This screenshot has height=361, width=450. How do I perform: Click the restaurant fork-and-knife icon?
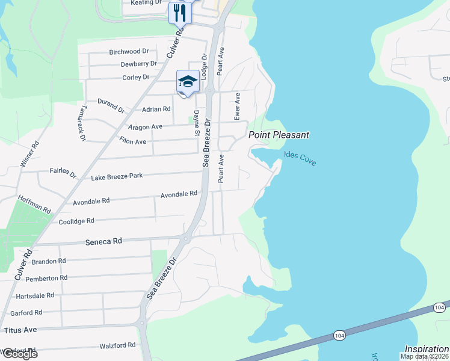180,13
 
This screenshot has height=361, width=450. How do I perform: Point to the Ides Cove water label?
300,158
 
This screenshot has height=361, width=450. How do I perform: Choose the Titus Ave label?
20,330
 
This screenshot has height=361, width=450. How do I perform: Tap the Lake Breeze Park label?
117,176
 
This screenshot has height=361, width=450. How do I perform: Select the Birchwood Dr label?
129,52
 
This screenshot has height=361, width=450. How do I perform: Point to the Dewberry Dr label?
138,64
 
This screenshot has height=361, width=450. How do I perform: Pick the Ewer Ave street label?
238,105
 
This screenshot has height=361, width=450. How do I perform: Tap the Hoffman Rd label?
35,205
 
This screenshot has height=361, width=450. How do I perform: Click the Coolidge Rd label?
76,221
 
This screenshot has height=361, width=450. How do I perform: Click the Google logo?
19,353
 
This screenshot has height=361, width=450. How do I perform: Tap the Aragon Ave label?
145,127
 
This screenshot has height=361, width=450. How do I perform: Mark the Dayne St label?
197,123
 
